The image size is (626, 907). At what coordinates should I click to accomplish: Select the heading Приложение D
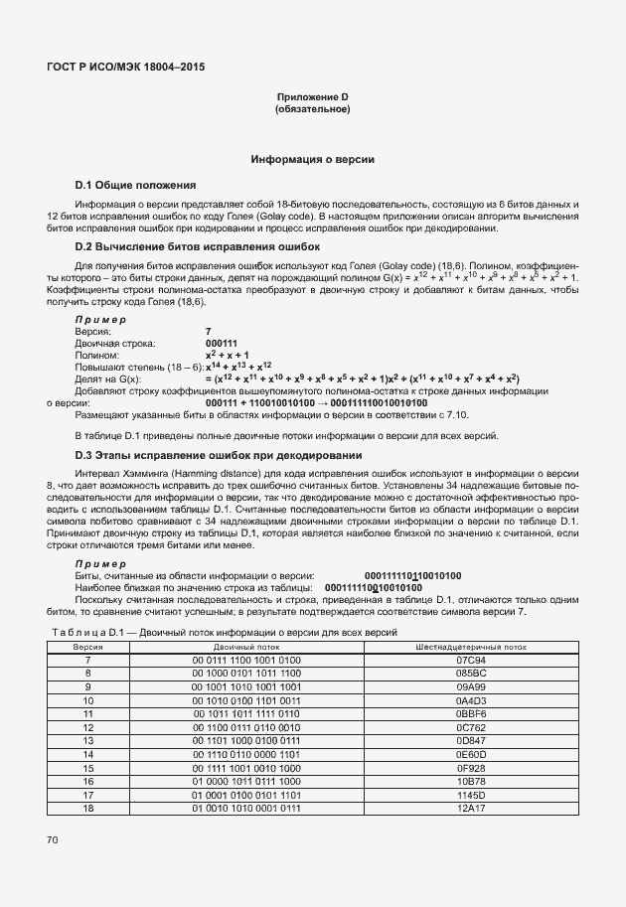point(312,96)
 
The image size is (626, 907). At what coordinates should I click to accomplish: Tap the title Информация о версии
point(312,159)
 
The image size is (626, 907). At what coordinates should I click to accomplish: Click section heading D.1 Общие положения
point(135,186)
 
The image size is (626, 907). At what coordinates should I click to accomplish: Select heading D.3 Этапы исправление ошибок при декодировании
point(219,455)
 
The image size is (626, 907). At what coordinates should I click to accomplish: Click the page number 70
point(53,840)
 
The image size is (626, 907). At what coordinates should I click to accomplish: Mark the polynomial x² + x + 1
point(227,355)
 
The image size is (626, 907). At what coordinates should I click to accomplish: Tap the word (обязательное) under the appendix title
point(312,108)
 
